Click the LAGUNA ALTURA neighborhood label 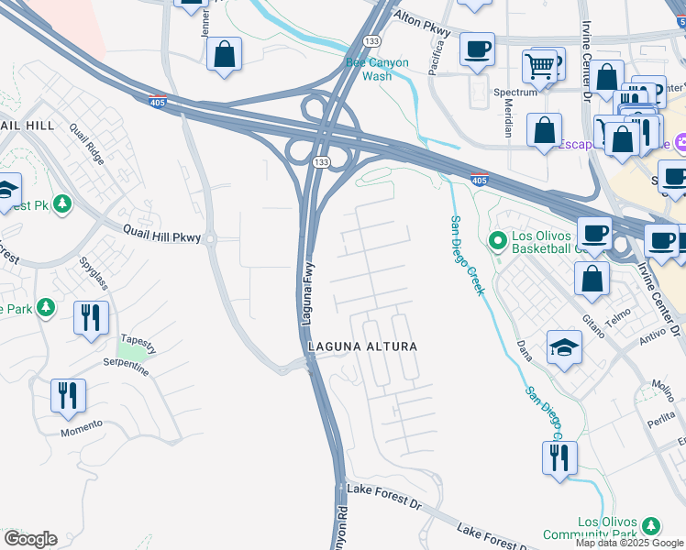[362, 346]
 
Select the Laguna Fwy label [309, 291]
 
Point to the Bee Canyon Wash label [381, 70]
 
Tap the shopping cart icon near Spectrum [539, 66]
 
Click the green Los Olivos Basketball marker [497, 242]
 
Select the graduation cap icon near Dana [564, 346]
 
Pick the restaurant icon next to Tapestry [91, 317]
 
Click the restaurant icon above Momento [68, 395]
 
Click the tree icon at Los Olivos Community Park [650, 525]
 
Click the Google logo [30, 539]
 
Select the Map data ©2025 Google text [629, 543]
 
